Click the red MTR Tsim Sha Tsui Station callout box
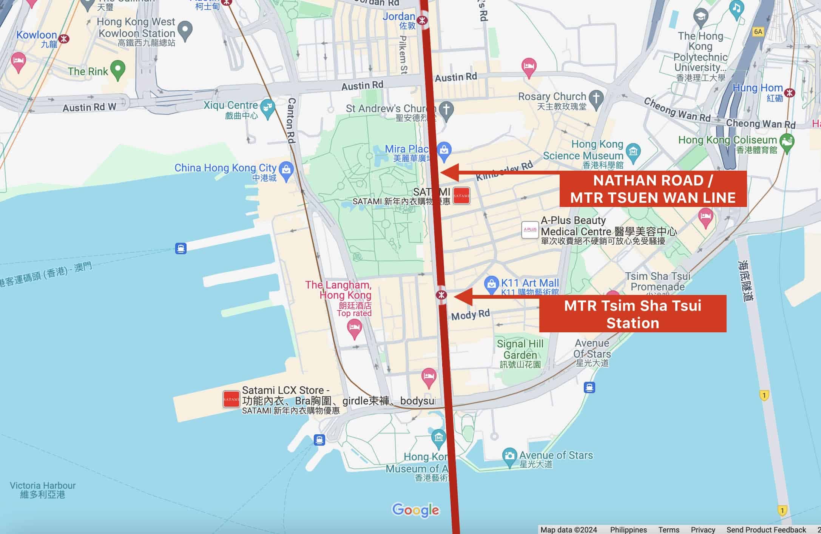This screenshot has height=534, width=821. point(633,314)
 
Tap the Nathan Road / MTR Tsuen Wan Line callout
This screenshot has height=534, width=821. point(653,189)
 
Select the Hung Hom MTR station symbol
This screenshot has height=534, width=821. point(789,93)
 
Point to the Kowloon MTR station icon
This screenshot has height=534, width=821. point(64,39)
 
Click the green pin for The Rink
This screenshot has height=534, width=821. point(118,69)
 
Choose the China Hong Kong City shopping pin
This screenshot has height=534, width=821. point(286,170)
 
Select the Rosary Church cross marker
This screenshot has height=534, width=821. point(596,99)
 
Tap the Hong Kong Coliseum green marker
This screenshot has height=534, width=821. point(787,142)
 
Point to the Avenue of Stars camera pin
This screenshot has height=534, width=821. point(509,457)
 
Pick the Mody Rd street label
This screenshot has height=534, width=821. point(470,315)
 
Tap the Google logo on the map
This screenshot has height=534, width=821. point(415,510)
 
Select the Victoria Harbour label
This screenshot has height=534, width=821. point(43,490)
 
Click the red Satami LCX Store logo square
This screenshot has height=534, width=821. point(231,399)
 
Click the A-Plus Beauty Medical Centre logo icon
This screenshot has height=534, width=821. point(529,230)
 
